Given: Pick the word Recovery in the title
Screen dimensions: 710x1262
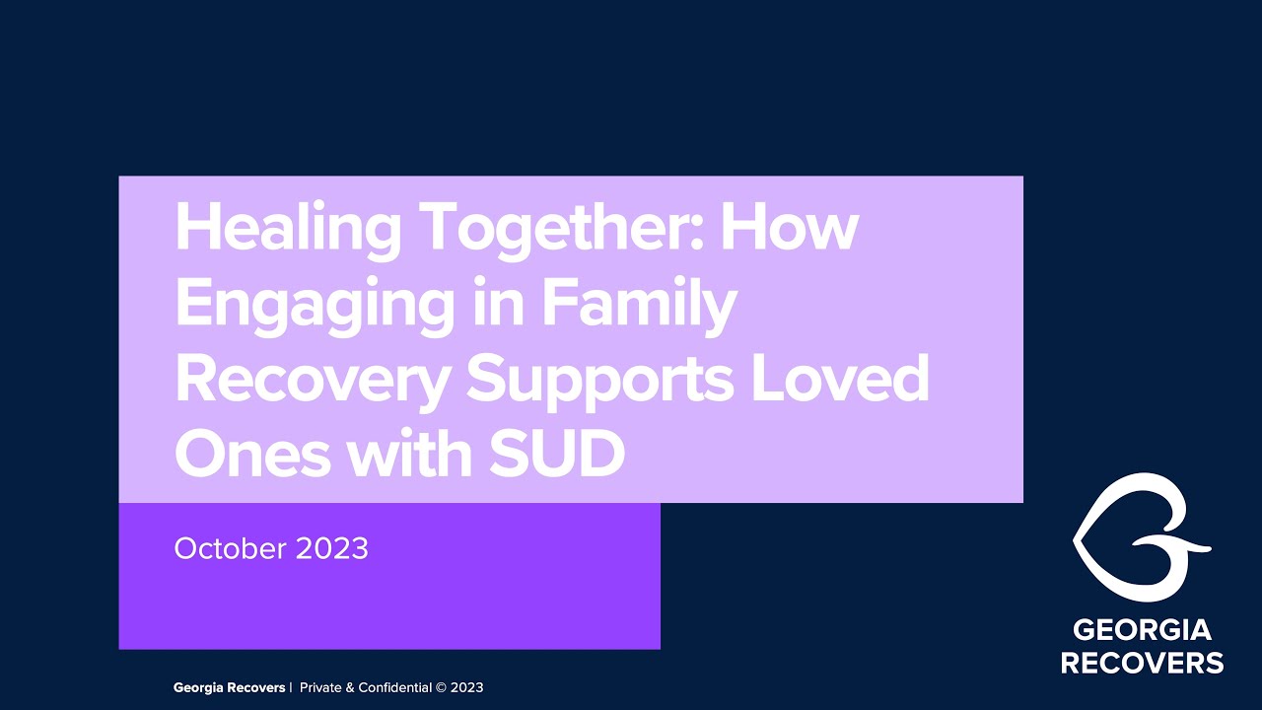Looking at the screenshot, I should [312, 381].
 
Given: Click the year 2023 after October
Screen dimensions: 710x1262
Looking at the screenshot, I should [329, 548].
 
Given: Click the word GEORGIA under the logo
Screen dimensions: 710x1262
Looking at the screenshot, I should [1142, 630].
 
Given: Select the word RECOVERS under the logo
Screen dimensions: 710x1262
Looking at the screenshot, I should [1142, 662].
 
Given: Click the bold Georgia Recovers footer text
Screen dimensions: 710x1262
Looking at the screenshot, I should [230, 687].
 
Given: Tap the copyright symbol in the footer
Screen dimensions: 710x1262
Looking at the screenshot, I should [442, 687].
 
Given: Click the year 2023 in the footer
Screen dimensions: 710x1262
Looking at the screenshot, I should [467, 687].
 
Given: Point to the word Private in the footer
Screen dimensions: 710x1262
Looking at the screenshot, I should [320, 687].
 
